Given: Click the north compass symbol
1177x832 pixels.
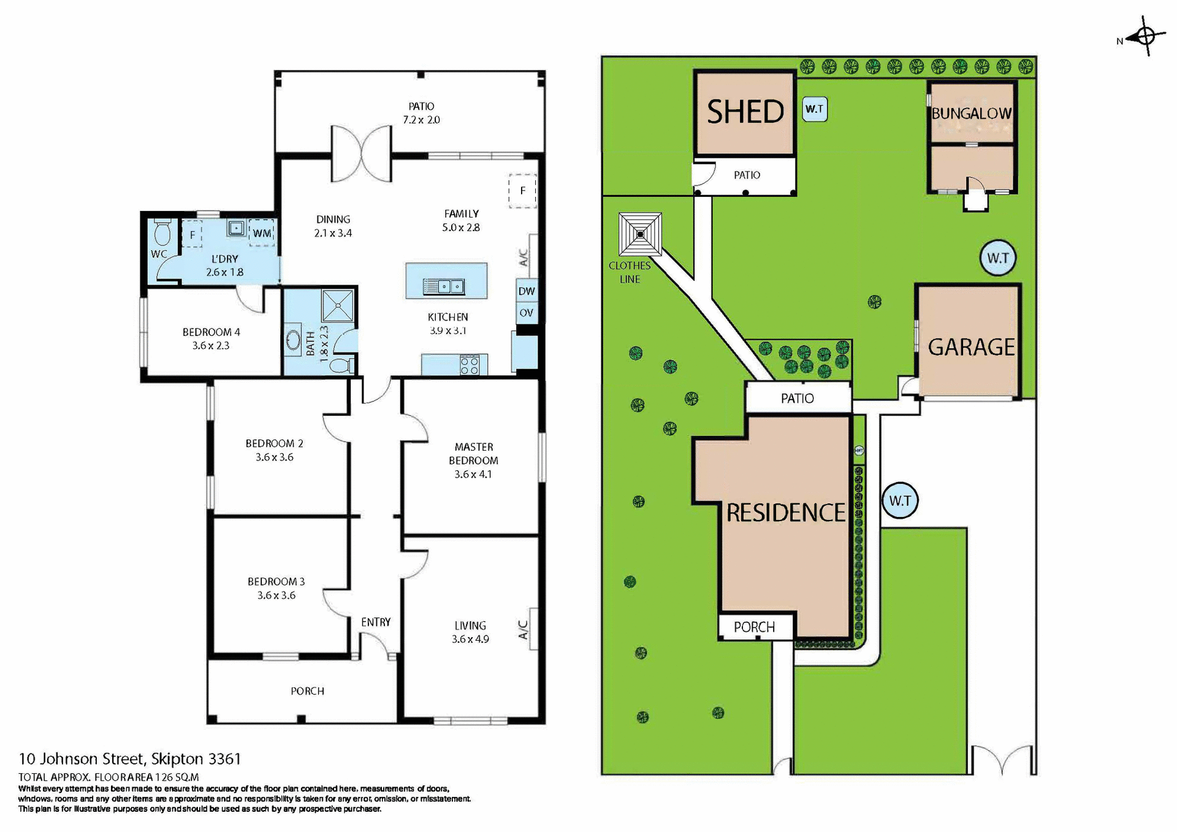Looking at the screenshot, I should pos(1146,36).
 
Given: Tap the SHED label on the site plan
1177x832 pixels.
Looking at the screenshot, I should pos(745,112).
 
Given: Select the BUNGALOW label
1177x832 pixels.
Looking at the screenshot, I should pos(971,113).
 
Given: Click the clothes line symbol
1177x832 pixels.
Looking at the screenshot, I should pos(640,234).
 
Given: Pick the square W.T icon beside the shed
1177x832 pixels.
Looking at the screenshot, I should pos(815,109).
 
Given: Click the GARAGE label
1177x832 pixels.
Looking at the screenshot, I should pos(971,347).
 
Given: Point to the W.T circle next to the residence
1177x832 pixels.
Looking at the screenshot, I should pos(900,500).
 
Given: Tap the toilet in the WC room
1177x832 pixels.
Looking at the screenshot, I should pos(162,234).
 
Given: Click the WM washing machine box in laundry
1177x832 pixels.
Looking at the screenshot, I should pos(262,233).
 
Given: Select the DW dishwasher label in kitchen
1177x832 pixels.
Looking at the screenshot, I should pos(527,291).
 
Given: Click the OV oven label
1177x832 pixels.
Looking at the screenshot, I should pos(527,313).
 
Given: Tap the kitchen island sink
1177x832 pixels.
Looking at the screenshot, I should pos(444,286).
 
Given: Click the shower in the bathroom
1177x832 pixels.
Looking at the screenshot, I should pos(338,305).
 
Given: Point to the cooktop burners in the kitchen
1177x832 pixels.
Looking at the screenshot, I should pos(470,365).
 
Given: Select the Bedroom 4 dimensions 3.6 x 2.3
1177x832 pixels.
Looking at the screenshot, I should pos(211,346).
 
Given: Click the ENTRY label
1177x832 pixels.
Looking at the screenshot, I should pos(375,622).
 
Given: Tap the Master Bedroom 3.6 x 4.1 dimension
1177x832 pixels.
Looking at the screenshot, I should pos(473,474).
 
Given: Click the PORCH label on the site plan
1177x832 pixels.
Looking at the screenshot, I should pos(754,627).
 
